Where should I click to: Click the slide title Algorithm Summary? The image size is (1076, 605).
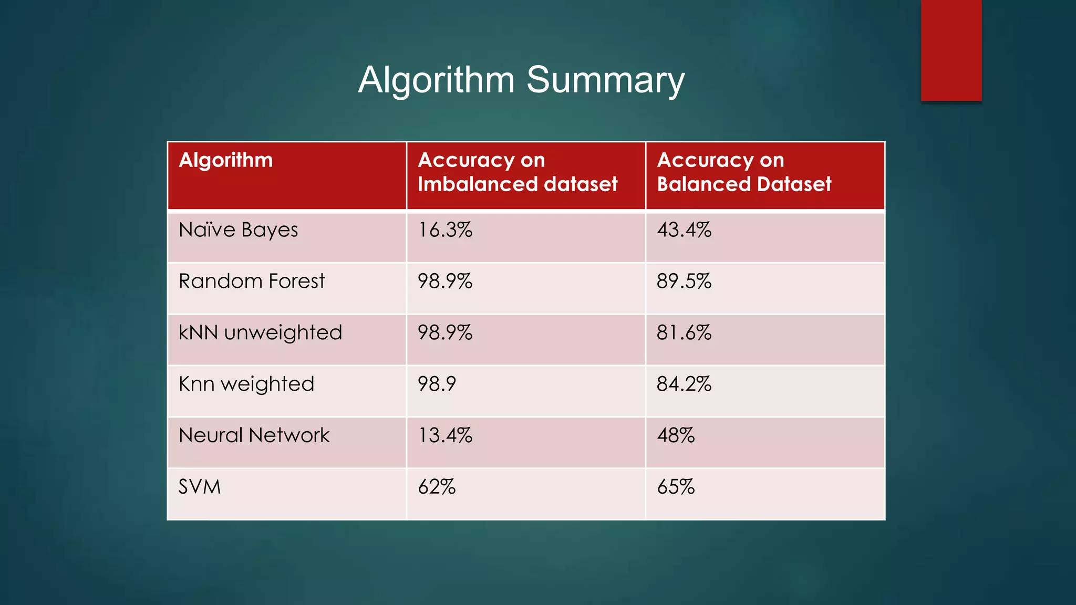click(521, 80)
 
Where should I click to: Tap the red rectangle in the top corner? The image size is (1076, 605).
click(951, 50)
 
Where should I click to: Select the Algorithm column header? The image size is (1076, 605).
click(226, 160)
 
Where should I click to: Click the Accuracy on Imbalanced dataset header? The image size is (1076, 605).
click(518, 172)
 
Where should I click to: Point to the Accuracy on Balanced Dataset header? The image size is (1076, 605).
click(744, 172)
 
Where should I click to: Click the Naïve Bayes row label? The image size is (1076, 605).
click(239, 230)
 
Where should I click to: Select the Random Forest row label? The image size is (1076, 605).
click(252, 281)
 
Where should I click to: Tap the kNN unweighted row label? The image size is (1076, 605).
click(260, 333)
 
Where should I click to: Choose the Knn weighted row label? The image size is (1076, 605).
click(246, 384)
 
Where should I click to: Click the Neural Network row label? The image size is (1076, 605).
click(254, 435)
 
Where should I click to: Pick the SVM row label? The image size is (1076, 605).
click(200, 487)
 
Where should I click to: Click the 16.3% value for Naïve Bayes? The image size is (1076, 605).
click(445, 230)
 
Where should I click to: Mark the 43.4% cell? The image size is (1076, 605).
click(684, 230)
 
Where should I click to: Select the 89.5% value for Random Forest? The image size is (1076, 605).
click(684, 281)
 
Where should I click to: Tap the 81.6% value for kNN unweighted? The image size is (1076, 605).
click(684, 333)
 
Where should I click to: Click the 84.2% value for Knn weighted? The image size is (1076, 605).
click(684, 384)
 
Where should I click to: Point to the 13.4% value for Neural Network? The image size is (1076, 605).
click(445, 435)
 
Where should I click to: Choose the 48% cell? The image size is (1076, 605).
click(676, 435)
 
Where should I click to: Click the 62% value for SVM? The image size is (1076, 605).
click(437, 487)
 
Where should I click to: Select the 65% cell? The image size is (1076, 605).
click(676, 487)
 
